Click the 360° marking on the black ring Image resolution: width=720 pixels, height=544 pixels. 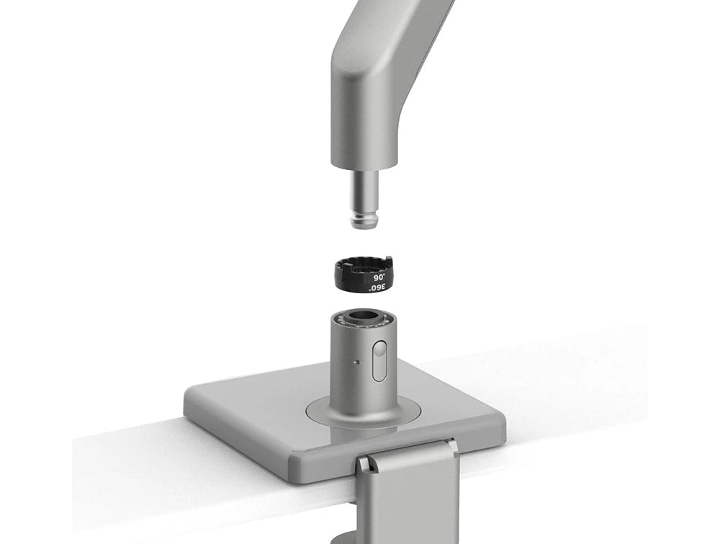point(377,287)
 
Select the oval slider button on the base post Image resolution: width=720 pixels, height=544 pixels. point(379,361)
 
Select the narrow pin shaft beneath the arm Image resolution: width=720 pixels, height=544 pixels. point(366,191)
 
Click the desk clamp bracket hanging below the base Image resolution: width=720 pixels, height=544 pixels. point(408,497)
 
